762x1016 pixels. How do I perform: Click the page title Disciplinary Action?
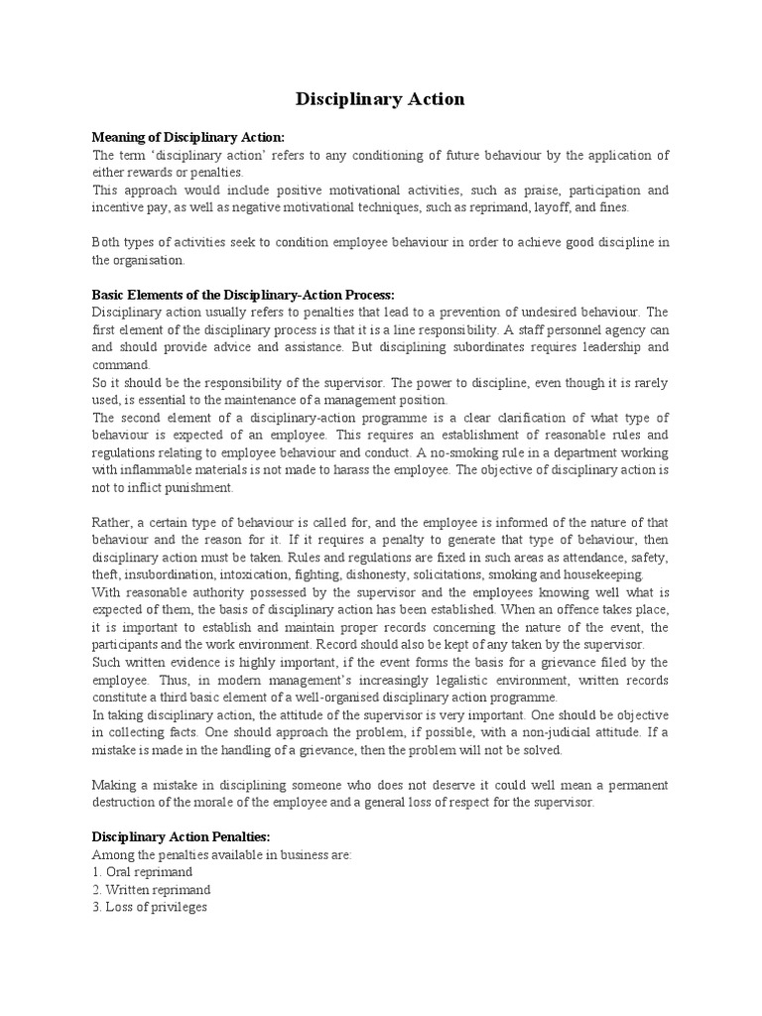coord(380,99)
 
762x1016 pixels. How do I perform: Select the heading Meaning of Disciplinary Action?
coord(189,137)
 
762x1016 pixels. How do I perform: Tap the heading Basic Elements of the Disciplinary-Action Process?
coord(243,295)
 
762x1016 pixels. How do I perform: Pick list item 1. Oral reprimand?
coord(144,872)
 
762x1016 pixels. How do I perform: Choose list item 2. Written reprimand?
coord(151,890)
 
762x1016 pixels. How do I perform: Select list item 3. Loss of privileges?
coord(149,908)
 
